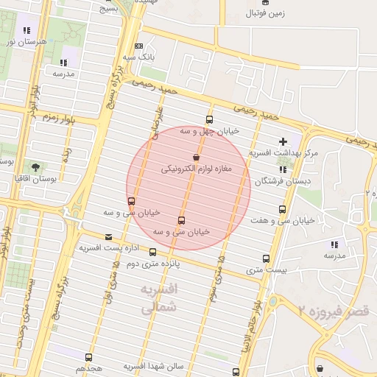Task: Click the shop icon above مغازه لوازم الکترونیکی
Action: [196, 157]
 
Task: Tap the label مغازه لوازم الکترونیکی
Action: [197, 169]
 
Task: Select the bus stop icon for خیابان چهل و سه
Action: [210, 119]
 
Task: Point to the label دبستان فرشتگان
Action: [283, 180]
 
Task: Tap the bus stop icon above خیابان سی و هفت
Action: [282, 209]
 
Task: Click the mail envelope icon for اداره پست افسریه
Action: [109, 237]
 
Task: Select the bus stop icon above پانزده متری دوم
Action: [152, 253]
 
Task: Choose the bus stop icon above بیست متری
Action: [266, 258]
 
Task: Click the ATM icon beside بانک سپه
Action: [138, 46]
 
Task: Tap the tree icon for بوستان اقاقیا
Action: [35, 167]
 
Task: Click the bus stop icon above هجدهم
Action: [88, 357]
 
